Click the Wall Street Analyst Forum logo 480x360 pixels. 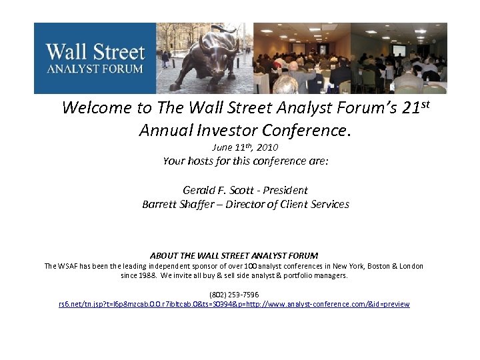click(x=95, y=58)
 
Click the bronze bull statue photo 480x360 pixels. click(x=205, y=59)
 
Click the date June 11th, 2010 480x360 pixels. click(x=245, y=147)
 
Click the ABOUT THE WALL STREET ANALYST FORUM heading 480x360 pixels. click(x=234, y=255)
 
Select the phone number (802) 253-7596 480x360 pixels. click(x=234, y=294)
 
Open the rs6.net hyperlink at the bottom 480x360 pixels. click(x=234, y=304)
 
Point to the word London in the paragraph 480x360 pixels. click(x=407, y=266)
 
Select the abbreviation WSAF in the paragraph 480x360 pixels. click(x=69, y=266)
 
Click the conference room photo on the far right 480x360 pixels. click(x=399, y=59)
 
